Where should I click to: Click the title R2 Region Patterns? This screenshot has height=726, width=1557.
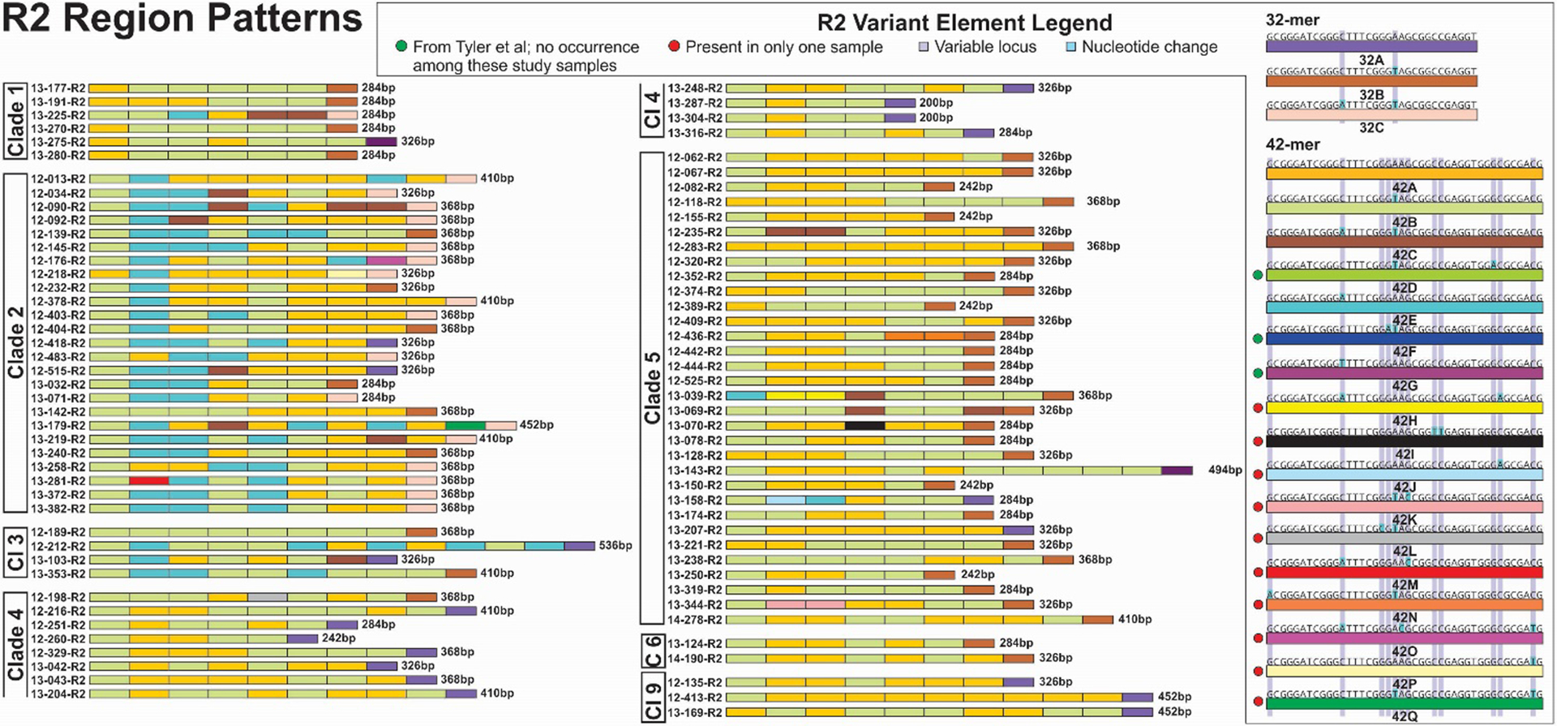coord(182,19)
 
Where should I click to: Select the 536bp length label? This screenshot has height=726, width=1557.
coord(616,546)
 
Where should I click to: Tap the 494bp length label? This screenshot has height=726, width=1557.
coord(1225,470)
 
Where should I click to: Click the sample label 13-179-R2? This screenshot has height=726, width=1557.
coord(58,425)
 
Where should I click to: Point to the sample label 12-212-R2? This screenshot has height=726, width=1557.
coord(58,546)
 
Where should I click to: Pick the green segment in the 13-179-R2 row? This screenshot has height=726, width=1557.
coord(465,425)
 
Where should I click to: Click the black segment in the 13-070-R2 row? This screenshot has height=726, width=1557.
coord(864,425)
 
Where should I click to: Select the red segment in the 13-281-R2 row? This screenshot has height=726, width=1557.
coord(148,481)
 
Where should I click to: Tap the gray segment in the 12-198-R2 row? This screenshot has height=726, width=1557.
coord(267,597)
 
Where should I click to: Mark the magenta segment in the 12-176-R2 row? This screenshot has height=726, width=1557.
coord(386,261)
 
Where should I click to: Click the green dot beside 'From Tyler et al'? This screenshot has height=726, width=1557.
coord(401,46)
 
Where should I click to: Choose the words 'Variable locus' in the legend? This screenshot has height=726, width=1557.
coord(985,47)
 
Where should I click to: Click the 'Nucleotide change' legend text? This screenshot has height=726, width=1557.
coord(1149,47)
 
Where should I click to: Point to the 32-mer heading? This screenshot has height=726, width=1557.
coord(1293,20)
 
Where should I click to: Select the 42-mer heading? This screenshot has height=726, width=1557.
coord(1293,144)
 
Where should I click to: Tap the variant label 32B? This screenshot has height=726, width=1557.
coord(1371,95)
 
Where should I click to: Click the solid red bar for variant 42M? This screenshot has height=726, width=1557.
coord(1404,572)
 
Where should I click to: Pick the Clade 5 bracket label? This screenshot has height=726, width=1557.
coord(653,388)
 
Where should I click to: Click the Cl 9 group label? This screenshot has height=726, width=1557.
coord(653,698)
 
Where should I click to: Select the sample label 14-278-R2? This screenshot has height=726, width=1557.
coord(694,620)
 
